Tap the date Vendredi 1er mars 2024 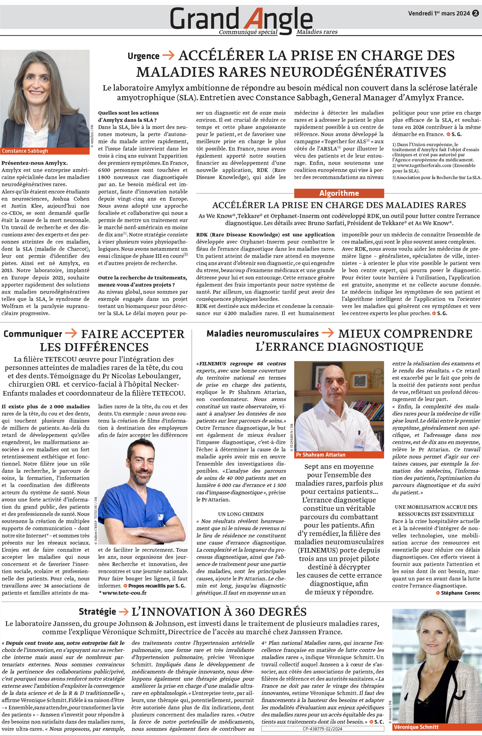click(x=439, y=14)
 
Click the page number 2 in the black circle click(x=475, y=14)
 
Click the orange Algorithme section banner click(x=339, y=193)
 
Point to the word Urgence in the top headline click(x=143, y=56)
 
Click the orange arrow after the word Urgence click(x=168, y=55)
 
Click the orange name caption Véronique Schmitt click(x=416, y=727)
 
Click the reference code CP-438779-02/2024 click(x=322, y=728)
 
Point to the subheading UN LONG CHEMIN click(x=241, y=514)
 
